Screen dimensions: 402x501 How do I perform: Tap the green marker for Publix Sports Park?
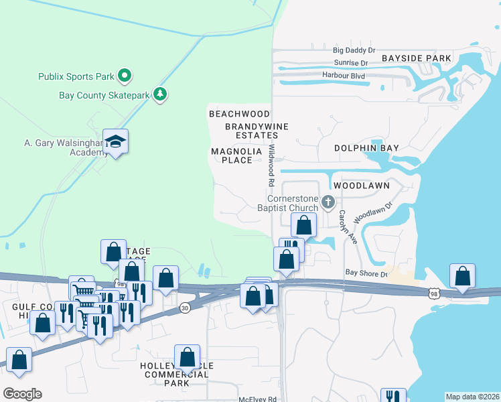[124, 75]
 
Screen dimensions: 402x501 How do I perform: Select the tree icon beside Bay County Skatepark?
[159, 94]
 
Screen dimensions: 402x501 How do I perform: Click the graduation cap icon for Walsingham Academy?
[115, 141]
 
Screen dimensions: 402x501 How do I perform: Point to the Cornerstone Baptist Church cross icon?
[328, 201]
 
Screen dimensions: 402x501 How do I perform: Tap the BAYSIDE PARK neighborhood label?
[417, 58]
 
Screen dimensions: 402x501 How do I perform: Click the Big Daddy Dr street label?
[354, 50]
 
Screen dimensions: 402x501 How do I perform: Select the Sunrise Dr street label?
[351, 63]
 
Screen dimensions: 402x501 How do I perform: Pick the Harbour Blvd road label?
[343, 76]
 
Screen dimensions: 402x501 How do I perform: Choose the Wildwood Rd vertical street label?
[272, 165]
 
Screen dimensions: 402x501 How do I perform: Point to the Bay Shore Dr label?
[366, 273]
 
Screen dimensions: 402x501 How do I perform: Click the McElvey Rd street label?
[258, 399]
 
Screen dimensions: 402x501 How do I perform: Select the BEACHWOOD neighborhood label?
[239, 114]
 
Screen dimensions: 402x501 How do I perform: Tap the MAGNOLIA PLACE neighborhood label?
[236, 155]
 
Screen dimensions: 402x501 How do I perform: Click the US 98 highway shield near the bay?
[433, 293]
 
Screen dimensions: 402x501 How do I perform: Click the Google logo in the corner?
[21, 394]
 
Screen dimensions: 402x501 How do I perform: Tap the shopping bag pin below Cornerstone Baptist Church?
[303, 225]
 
